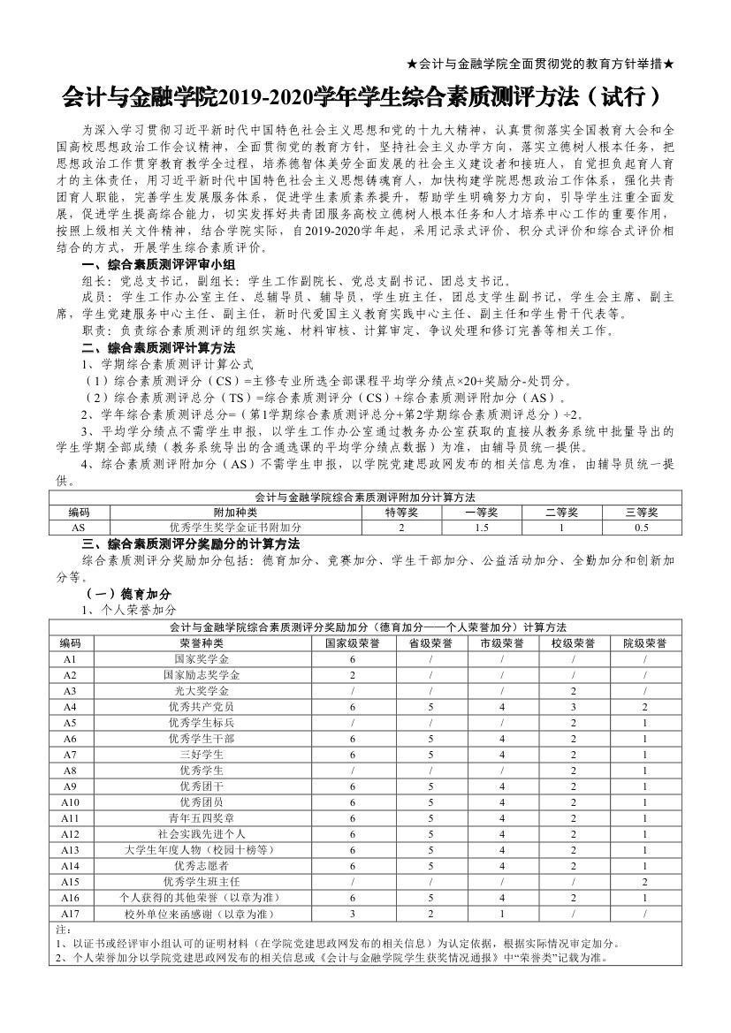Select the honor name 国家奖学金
(x=202, y=659)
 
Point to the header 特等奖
(x=401, y=512)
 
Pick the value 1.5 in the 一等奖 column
(x=482, y=528)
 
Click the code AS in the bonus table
(x=79, y=528)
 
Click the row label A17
(x=71, y=913)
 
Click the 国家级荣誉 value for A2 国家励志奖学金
(x=353, y=675)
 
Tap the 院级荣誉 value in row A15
(x=645, y=881)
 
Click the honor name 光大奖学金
(x=202, y=691)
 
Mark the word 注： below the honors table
(x=63, y=930)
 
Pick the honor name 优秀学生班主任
(x=202, y=881)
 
